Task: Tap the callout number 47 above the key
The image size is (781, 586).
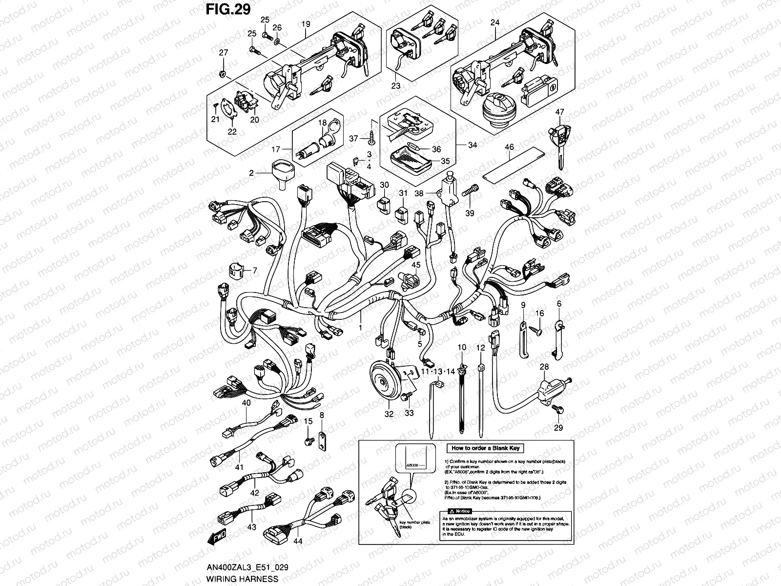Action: [x=559, y=112]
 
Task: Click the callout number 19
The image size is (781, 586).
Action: [x=306, y=23]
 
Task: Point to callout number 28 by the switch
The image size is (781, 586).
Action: [x=544, y=367]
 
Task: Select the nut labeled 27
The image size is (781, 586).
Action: [x=222, y=74]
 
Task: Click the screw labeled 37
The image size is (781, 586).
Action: [x=370, y=139]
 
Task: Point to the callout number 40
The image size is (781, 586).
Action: [x=246, y=403]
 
